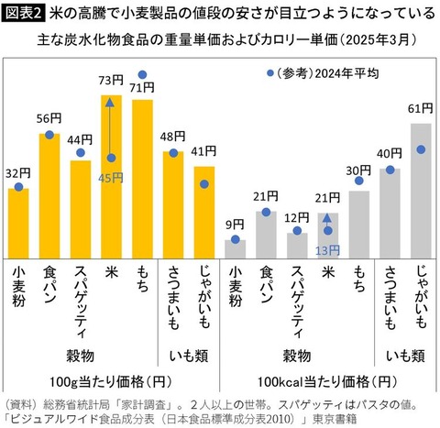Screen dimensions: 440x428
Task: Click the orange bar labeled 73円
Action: click(x=111, y=177)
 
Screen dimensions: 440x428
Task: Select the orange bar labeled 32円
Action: click(x=18, y=224)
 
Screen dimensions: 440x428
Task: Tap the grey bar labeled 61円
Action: click(x=421, y=191)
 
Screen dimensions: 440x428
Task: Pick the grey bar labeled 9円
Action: click(x=235, y=249)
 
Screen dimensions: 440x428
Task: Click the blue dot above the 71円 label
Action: click(x=142, y=74)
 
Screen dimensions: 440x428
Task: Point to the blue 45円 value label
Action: click(x=111, y=178)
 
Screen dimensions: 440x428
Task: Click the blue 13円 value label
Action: click(x=327, y=250)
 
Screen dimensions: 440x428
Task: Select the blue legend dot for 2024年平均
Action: click(x=270, y=73)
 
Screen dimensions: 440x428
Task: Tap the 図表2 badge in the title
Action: click(x=23, y=14)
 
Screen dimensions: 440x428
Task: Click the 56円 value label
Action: click(x=49, y=118)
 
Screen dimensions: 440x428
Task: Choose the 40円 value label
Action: click(x=390, y=153)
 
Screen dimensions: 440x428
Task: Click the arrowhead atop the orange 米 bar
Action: click(x=110, y=102)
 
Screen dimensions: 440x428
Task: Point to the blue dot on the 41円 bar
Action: click(x=204, y=184)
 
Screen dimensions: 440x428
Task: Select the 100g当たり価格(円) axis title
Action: click(x=110, y=382)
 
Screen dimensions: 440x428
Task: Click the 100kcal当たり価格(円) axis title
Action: click(x=327, y=382)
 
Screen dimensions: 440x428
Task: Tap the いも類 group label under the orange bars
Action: click(x=189, y=357)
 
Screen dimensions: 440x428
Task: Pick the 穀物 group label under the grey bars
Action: click(x=297, y=357)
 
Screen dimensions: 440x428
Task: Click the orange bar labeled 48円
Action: click(x=173, y=205)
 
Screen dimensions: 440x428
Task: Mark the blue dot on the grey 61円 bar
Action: click(x=421, y=149)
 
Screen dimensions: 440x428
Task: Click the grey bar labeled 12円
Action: click(x=297, y=246)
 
